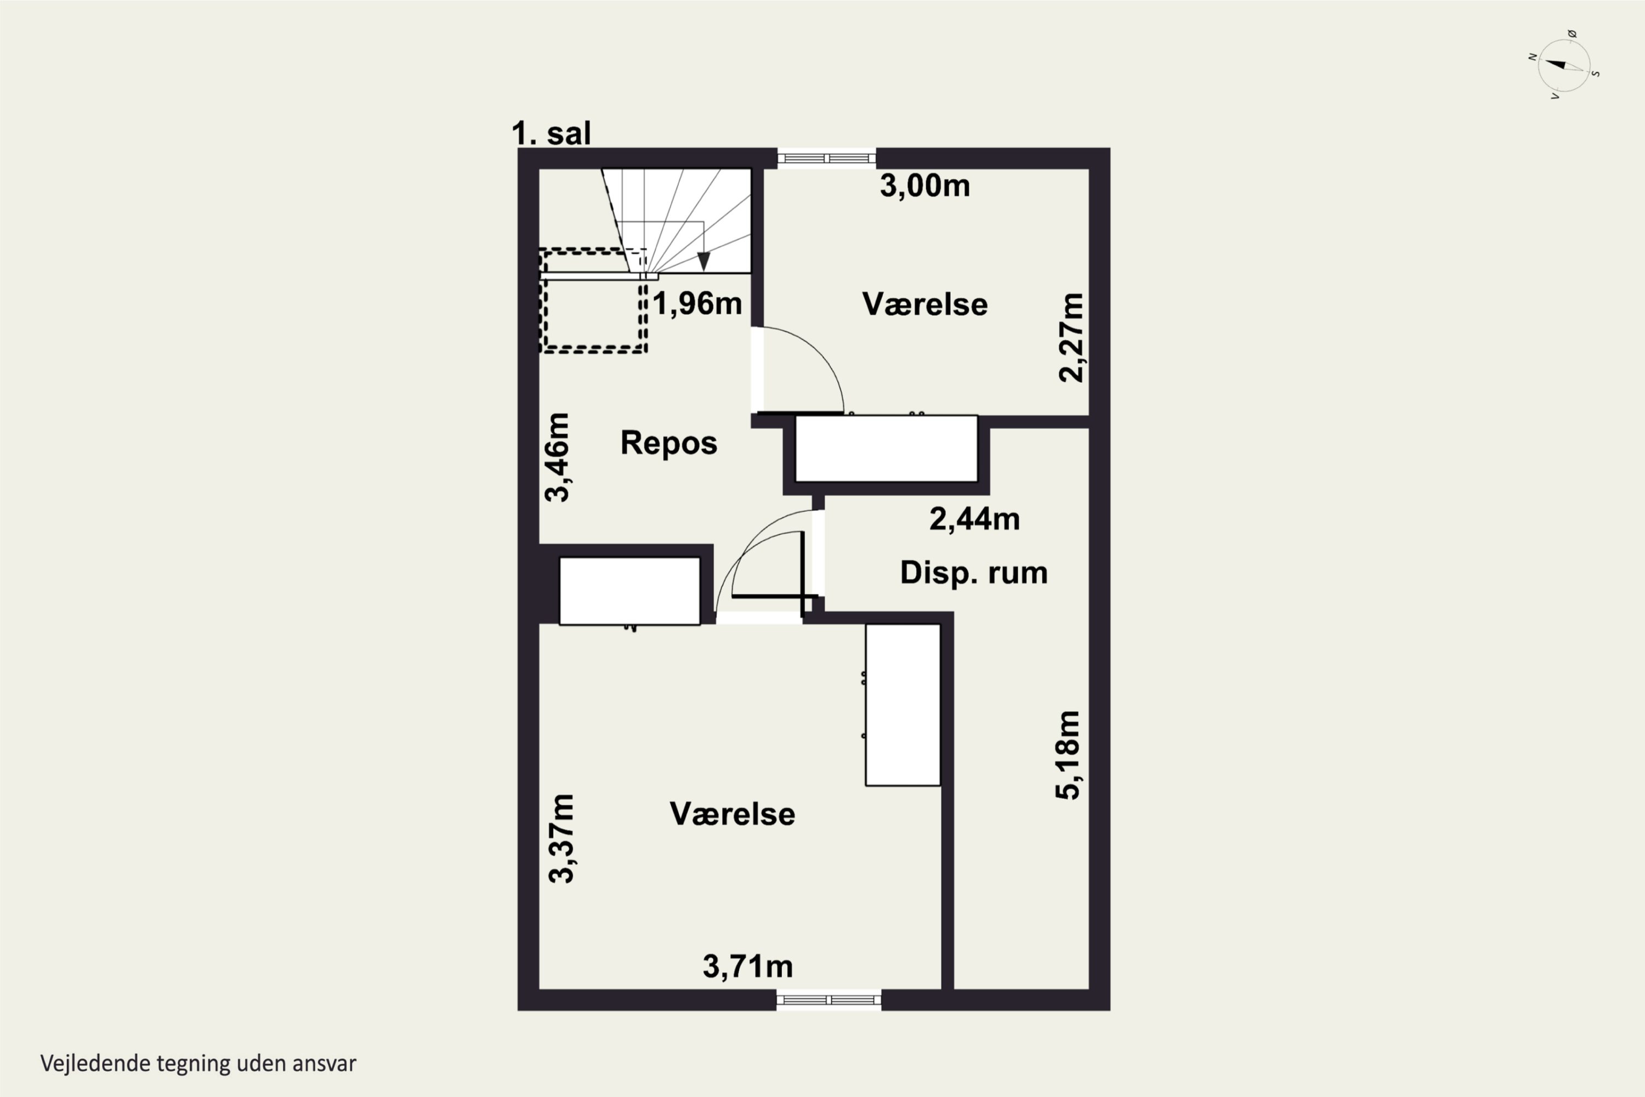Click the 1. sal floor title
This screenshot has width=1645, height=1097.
[551, 133]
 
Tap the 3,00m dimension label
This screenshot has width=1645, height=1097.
[924, 186]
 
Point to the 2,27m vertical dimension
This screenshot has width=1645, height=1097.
[1071, 337]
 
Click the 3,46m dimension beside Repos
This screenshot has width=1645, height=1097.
[558, 457]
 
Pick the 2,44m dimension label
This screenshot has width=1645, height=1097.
[974, 519]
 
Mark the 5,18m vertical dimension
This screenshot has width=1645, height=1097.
[1068, 755]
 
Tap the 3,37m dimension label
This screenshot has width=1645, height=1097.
[561, 838]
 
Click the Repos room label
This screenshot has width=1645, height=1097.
[668, 443]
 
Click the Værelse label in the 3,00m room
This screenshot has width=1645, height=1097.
[924, 304]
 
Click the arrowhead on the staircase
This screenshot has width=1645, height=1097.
[704, 262]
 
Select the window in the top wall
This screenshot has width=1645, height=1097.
[827, 158]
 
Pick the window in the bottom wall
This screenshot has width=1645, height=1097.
[829, 1000]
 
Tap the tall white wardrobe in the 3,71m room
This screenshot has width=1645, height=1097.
[903, 704]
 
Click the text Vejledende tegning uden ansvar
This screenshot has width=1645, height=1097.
[198, 1064]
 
